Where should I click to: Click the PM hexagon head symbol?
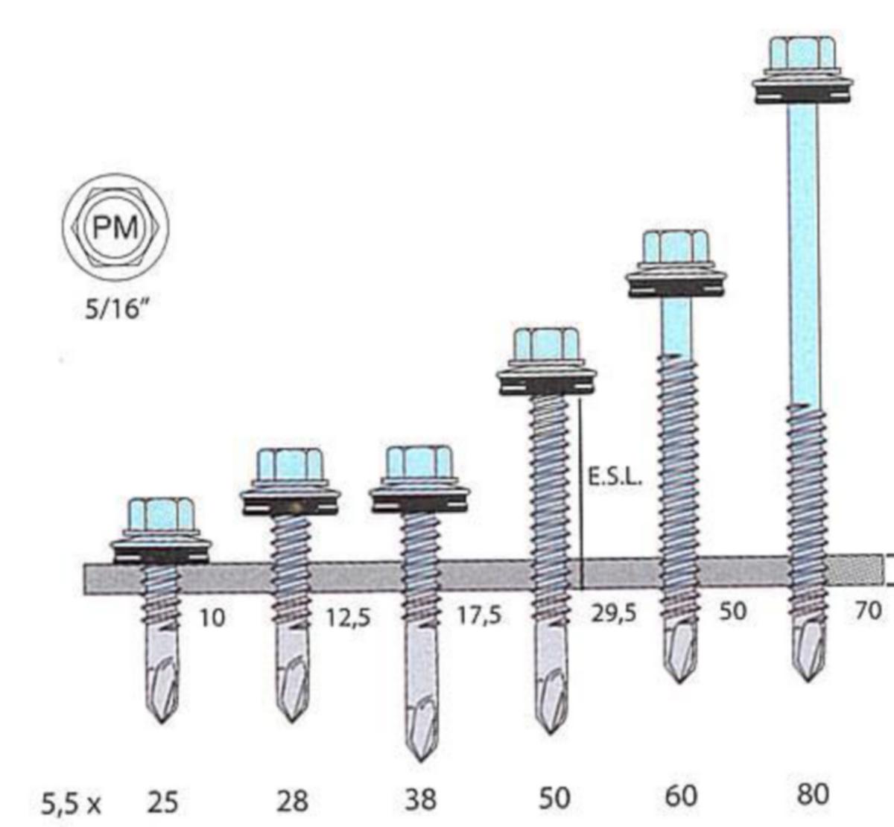(115, 228)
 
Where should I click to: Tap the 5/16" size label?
(116, 310)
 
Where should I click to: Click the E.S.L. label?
(615, 478)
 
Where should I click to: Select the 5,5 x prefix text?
(71, 804)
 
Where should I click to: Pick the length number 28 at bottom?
(292, 802)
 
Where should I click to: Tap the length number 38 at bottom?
(420, 800)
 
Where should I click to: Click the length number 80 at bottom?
(813, 794)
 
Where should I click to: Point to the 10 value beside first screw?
(212, 618)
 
